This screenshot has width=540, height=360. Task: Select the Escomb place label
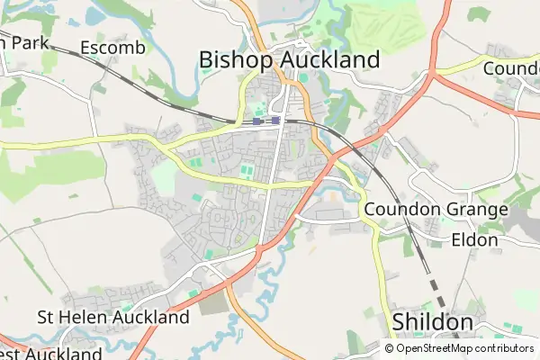click(112, 47)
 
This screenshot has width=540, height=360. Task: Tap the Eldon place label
click(474, 240)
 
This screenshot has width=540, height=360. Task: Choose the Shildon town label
click(433, 322)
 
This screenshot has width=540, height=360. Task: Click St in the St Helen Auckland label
click(47, 317)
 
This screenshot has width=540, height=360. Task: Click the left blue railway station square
click(257, 121)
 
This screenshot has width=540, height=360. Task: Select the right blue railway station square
click(275, 120)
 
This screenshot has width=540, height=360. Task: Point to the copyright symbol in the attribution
click(390, 348)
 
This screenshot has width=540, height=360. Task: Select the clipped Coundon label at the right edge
click(511, 68)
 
